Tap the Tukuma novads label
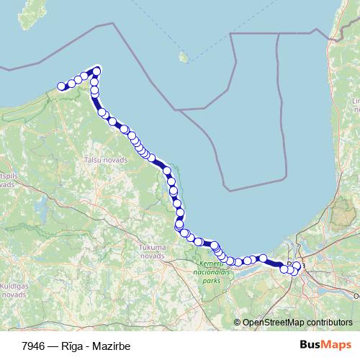pos(153,251)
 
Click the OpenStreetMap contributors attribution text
pos(297,322)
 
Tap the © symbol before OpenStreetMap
pos(238,322)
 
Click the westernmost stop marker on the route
pos(62,87)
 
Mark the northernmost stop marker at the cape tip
pos(96,70)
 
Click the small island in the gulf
pos(184,57)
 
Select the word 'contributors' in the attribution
pos(330,322)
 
